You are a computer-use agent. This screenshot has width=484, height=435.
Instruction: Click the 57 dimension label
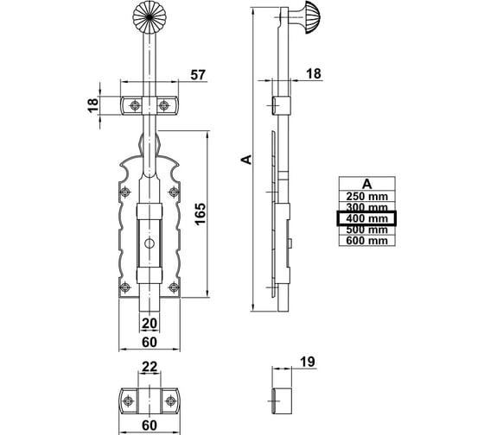[198, 75]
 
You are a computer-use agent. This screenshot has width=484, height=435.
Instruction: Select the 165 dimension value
[201, 214]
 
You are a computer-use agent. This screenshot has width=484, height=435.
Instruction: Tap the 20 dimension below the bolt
[150, 324]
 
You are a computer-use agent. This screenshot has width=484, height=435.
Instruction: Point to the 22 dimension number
[150, 367]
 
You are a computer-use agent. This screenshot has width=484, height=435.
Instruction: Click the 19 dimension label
[308, 362]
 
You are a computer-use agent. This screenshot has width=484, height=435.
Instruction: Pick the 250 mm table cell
[367, 197]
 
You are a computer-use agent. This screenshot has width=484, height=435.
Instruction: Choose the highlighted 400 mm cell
[366, 218]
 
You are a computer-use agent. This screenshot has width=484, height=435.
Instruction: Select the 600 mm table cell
[367, 241]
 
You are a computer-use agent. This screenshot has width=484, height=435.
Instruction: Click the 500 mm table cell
[367, 230]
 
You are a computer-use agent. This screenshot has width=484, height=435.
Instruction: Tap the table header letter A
[367, 184]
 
